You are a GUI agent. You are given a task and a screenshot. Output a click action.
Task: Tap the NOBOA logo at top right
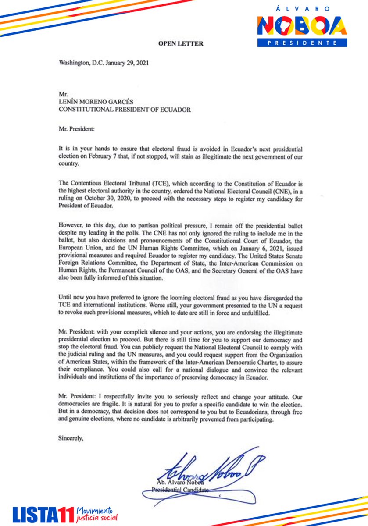click(x=302, y=26)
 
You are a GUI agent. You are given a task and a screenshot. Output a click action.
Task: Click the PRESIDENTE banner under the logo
click(x=302, y=43)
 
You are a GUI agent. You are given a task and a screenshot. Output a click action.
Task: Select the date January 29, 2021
click(x=127, y=63)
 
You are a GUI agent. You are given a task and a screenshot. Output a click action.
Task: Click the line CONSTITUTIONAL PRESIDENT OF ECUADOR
click(x=125, y=110)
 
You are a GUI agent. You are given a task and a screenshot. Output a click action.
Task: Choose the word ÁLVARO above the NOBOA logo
click(x=302, y=9)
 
